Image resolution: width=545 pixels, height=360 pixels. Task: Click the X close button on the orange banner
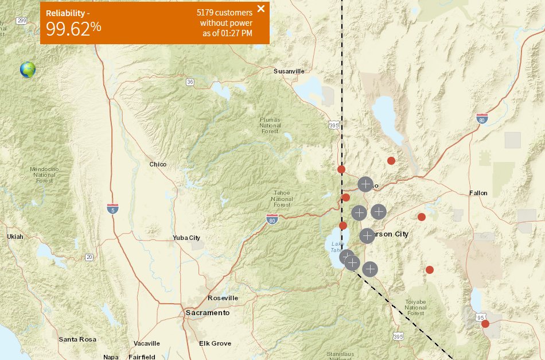coord(261,9)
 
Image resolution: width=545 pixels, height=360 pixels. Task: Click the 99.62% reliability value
coord(73,28)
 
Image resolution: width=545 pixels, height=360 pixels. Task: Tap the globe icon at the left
coord(28,69)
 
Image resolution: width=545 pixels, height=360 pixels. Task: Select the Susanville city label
coord(289,71)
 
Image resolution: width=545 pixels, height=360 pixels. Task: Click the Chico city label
coord(158,164)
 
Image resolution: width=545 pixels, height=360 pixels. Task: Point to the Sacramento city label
coord(207,313)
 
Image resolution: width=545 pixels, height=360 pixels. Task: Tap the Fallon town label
coord(478,193)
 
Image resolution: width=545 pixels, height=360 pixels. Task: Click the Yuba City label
coord(186,238)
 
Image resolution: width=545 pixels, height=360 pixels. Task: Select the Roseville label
coord(223,298)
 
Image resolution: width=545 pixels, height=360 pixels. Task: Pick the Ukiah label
coord(15,237)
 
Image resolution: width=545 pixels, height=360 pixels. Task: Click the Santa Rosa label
coord(77,339)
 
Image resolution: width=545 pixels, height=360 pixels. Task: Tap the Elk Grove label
coord(215,343)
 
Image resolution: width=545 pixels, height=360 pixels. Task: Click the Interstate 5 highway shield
coord(113,208)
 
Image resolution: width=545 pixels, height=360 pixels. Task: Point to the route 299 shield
coord(22,21)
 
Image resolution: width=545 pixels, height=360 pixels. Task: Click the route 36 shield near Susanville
coord(190,82)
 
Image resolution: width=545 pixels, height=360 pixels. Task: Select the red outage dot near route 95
coord(485,324)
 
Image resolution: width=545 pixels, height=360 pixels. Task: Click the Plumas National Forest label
coord(270,125)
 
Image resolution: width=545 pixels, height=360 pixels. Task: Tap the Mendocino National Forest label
coord(44,175)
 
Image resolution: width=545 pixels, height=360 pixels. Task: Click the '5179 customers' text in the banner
coord(224,12)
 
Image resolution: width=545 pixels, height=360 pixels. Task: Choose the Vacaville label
coord(147,343)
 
